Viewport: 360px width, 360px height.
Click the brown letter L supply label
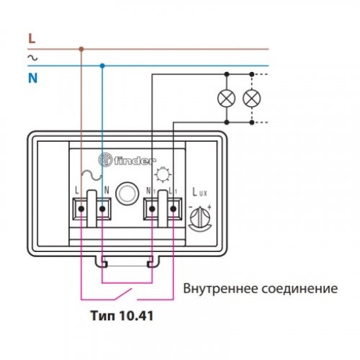tap(32, 39)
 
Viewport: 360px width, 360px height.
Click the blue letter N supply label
tap(32, 78)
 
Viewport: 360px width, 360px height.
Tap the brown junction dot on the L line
tap(81, 49)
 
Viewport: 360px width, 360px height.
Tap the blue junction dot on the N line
tap(102, 66)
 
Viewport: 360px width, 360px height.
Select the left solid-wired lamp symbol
tap(227, 98)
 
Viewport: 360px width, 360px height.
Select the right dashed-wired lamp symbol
tap(252, 98)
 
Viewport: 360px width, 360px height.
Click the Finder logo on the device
tap(127, 160)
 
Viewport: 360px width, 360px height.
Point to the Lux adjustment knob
tap(200, 217)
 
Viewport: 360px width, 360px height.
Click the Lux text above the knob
tap(200, 192)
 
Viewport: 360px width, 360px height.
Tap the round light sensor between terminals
tap(127, 193)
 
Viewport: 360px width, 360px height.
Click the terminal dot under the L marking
tap(81, 209)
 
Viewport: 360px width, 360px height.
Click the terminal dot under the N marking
tap(102, 209)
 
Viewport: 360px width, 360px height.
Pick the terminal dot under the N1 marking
tap(152, 209)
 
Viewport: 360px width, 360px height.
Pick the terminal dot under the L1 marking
tap(173, 209)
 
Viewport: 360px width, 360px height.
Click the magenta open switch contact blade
tap(123, 294)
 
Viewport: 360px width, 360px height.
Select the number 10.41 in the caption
tap(136, 316)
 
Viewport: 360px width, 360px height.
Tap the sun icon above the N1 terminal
tap(162, 175)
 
